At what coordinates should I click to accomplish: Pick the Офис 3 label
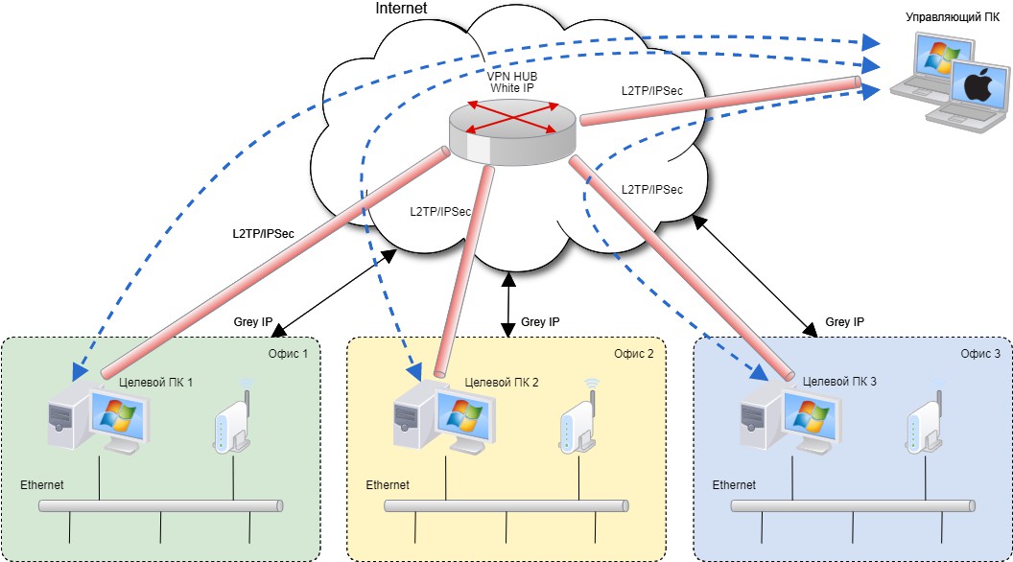pyautogui.click(x=979, y=353)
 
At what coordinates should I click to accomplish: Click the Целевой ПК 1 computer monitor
pyautogui.click(x=118, y=420)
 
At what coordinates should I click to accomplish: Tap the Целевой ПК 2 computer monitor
pyautogui.click(x=463, y=420)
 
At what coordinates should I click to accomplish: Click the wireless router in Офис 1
pyautogui.click(x=230, y=422)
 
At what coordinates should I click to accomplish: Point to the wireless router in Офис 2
pyautogui.click(x=577, y=422)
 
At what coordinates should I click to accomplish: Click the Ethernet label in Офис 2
pyautogui.click(x=388, y=484)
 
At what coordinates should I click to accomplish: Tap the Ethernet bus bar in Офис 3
pyautogui.click(x=853, y=505)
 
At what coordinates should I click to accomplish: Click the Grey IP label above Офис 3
pyautogui.click(x=845, y=322)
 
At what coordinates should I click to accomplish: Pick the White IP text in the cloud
pyautogui.click(x=511, y=87)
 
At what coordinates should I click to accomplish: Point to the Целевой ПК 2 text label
pyautogui.click(x=501, y=382)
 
